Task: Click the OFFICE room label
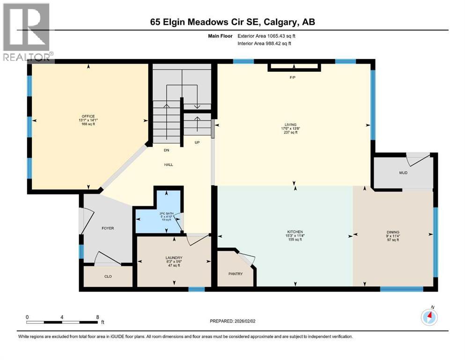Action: coord(88,116)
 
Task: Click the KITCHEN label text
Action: coord(295,232)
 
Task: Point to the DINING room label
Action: coord(393,232)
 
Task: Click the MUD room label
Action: coord(403,173)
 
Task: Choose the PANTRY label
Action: coord(236,274)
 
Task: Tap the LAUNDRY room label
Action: coord(173,258)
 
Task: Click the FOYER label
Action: coord(108,228)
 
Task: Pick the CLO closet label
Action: coord(108,277)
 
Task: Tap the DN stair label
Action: coord(166,150)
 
